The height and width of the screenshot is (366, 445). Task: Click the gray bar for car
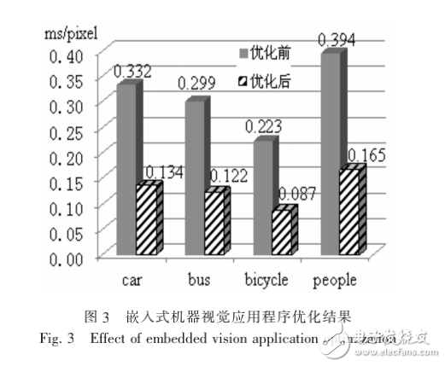[126, 171]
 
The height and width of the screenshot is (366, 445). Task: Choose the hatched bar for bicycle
[283, 232]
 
